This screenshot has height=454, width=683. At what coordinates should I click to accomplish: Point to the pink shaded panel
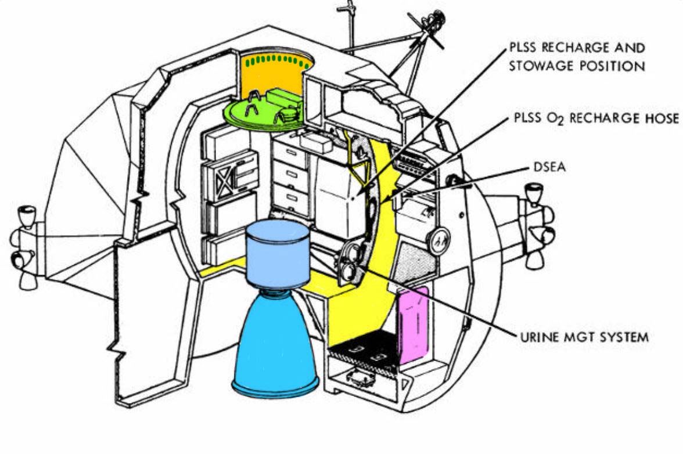click(413, 319)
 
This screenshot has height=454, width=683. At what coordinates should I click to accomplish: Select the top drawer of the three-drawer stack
click(290, 156)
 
